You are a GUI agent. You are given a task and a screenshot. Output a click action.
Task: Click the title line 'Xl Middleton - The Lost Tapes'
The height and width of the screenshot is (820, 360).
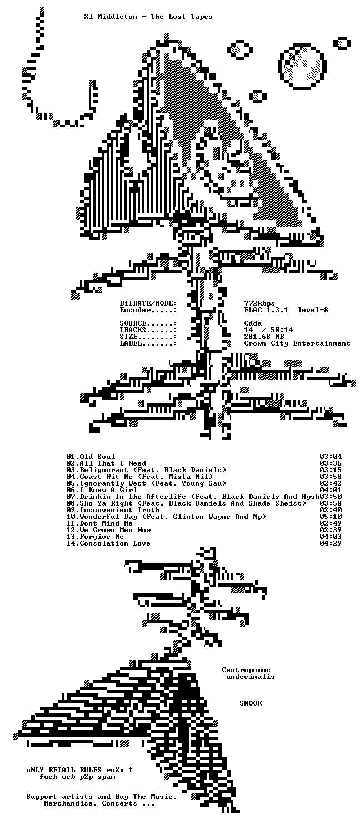[x=148, y=17]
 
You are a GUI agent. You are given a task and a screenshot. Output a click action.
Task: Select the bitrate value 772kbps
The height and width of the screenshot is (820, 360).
[x=259, y=303]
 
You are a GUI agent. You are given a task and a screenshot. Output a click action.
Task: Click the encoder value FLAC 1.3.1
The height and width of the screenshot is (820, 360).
[x=266, y=310]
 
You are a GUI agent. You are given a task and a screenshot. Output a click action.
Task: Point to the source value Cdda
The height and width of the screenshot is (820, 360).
[x=253, y=323]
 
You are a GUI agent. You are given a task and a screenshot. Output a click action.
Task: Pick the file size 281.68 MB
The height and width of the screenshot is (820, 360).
[x=264, y=337]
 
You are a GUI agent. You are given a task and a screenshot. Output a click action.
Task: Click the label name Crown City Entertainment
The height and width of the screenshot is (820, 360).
[x=297, y=343]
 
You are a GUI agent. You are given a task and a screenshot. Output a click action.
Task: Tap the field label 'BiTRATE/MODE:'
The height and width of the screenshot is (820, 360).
[x=148, y=303]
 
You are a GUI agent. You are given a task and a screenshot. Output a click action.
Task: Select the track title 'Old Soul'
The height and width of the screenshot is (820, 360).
[x=97, y=457]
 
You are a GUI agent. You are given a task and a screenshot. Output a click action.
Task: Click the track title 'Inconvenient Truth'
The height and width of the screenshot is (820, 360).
[x=120, y=510]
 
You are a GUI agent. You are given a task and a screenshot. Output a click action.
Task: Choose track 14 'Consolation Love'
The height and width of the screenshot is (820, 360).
[x=115, y=543]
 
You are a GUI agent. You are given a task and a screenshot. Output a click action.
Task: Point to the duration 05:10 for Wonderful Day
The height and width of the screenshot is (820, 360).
[x=331, y=517]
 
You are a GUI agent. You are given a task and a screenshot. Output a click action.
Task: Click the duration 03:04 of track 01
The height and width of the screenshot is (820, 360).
[x=331, y=457]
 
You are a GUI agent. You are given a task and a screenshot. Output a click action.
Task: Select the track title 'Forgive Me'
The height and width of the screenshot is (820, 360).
[x=102, y=537]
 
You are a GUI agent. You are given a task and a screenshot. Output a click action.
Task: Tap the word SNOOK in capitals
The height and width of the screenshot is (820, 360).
[x=251, y=703]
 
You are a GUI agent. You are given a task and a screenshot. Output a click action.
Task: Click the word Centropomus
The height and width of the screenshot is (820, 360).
[x=246, y=670]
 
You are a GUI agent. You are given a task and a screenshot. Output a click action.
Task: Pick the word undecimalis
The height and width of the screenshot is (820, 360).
[x=251, y=677]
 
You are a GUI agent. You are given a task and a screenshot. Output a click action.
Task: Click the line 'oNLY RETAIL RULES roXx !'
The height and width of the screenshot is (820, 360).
[x=79, y=770]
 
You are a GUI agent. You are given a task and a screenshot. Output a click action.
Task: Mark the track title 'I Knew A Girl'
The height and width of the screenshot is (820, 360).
[x=108, y=490]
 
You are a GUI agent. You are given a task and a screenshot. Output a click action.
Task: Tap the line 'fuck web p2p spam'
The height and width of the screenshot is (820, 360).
[x=77, y=777]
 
